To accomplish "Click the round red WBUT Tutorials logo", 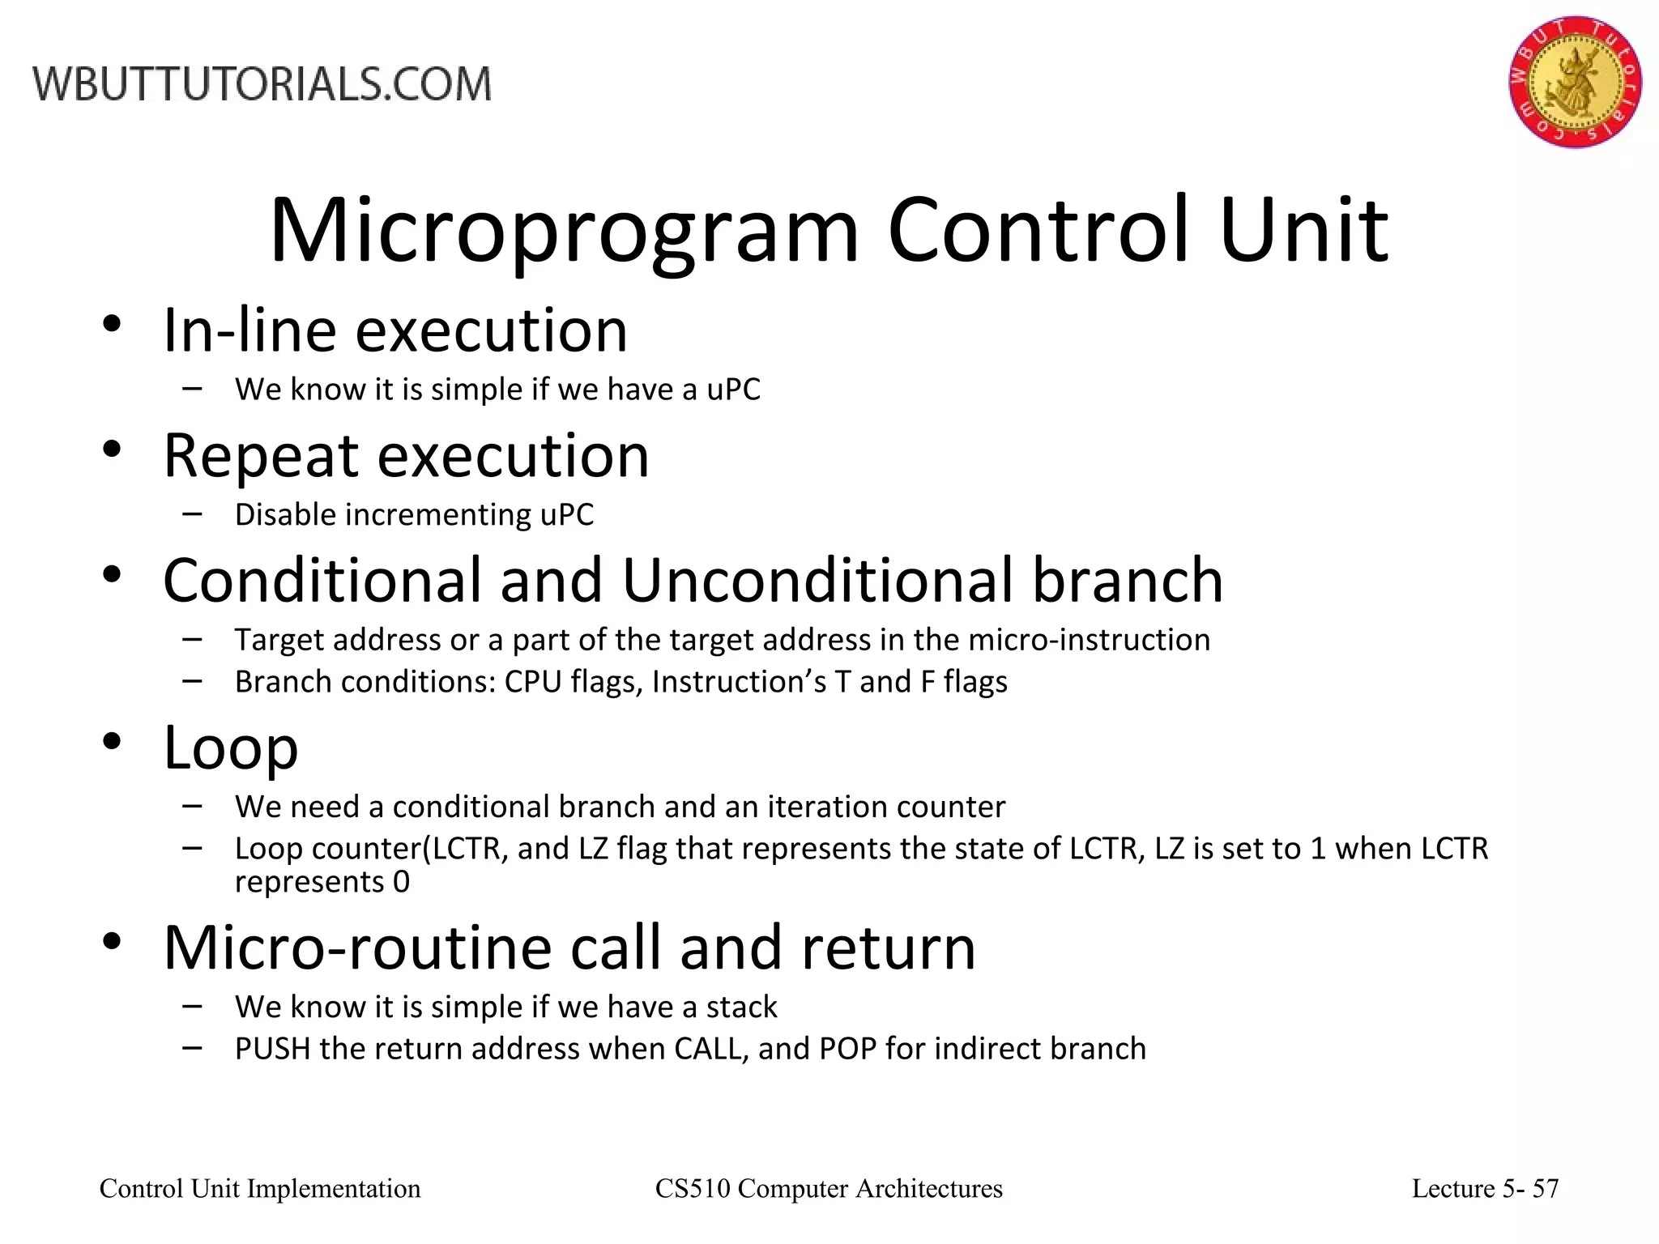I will coord(1575,81).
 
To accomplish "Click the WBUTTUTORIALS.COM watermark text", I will coord(262,85).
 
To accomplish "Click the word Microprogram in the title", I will coord(563,232).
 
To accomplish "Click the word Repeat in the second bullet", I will coord(260,456).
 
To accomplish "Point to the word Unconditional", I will coord(817,581).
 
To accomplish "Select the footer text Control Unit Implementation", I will coord(260,1188).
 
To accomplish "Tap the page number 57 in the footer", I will coord(1546,1188).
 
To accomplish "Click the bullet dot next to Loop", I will coord(112,741).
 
